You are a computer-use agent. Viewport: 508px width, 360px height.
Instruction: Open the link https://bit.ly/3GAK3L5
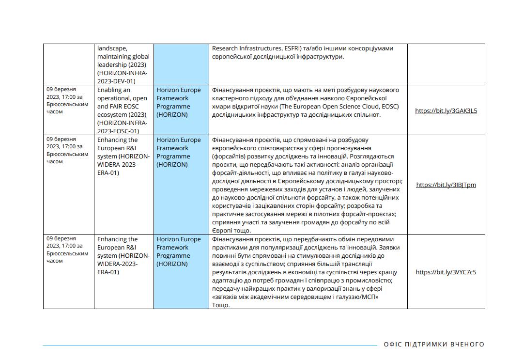(x=446, y=110)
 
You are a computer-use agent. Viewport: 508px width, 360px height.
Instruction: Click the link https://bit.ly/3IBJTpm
(x=446, y=185)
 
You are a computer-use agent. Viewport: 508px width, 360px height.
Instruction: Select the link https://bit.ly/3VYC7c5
(x=446, y=272)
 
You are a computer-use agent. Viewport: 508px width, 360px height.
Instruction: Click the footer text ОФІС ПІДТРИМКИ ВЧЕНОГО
(x=434, y=344)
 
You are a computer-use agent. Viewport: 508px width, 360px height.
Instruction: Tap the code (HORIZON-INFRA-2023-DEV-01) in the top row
(x=123, y=77)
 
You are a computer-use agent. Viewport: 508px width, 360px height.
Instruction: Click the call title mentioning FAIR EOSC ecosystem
(x=123, y=110)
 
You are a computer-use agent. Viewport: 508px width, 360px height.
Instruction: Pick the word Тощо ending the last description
(x=220, y=305)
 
